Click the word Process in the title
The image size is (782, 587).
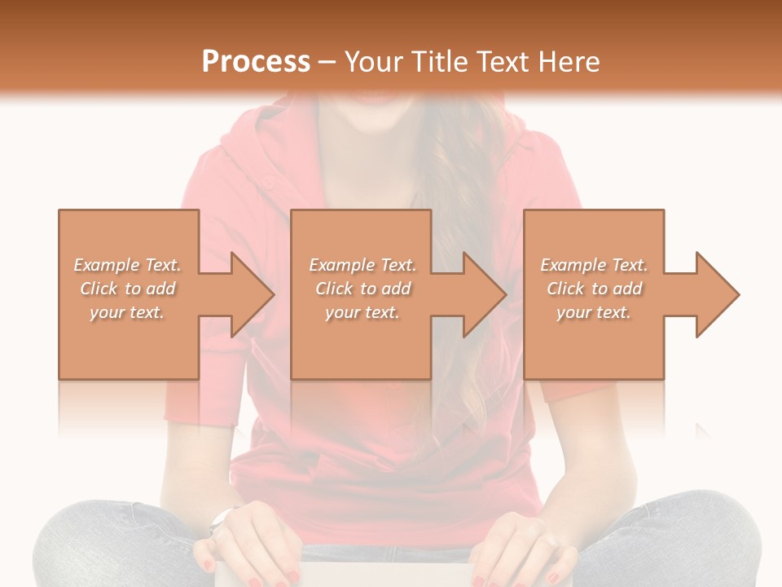[x=256, y=62]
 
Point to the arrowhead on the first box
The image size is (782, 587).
[x=252, y=294]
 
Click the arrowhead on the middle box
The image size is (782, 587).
[x=484, y=294]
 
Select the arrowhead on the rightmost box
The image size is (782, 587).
[x=717, y=294]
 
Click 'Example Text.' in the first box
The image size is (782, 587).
[x=127, y=265]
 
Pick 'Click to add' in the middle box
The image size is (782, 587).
[x=362, y=289]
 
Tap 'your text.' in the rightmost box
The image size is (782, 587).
[x=594, y=312]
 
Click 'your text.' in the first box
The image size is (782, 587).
[x=127, y=312]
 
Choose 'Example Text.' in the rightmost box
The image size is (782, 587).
[x=594, y=265]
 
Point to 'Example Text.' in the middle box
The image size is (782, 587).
[x=362, y=265]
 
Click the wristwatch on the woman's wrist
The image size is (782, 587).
[x=221, y=519]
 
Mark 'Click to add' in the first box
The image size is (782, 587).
[x=127, y=289]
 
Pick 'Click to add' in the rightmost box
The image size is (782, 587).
[x=594, y=289]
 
